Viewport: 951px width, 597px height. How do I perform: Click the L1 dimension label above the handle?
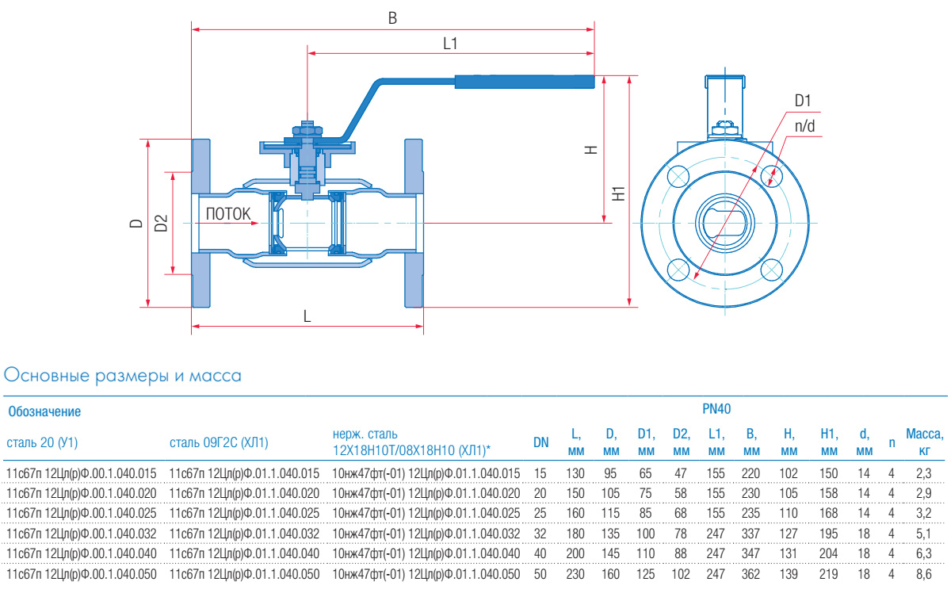(x=450, y=44)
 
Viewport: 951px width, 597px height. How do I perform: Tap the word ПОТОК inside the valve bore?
(x=228, y=213)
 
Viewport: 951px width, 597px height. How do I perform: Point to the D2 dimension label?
(x=161, y=223)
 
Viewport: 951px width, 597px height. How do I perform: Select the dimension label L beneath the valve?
(x=307, y=316)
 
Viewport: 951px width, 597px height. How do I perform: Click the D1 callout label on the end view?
(x=804, y=101)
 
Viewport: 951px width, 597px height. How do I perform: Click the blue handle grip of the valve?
(x=524, y=81)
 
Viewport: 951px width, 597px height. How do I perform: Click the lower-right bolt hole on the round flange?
(x=771, y=270)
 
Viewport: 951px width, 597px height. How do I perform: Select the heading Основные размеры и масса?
(x=123, y=374)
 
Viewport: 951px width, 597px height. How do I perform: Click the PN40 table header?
(x=716, y=410)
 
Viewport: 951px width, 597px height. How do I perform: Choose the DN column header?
(x=540, y=442)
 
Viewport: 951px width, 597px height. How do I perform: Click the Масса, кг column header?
(x=925, y=442)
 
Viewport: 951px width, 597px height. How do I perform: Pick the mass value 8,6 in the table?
(x=922, y=572)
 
